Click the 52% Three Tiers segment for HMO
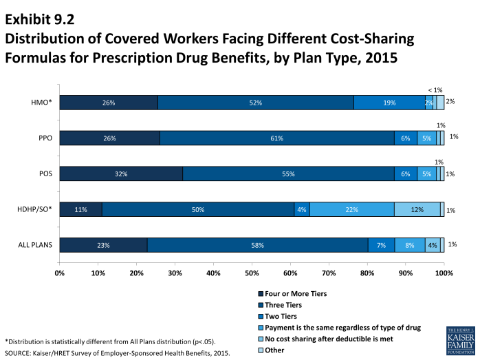(256, 103)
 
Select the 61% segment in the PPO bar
(277, 138)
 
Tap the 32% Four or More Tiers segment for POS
(121, 174)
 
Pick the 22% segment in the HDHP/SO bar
(351, 209)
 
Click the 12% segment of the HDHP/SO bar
(417, 209)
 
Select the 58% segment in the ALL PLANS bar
(257, 244)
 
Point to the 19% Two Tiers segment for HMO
(389, 103)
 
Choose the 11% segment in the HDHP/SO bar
(81, 209)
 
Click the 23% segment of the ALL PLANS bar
(103, 244)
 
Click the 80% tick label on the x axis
(367, 273)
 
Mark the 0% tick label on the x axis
(60, 273)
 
